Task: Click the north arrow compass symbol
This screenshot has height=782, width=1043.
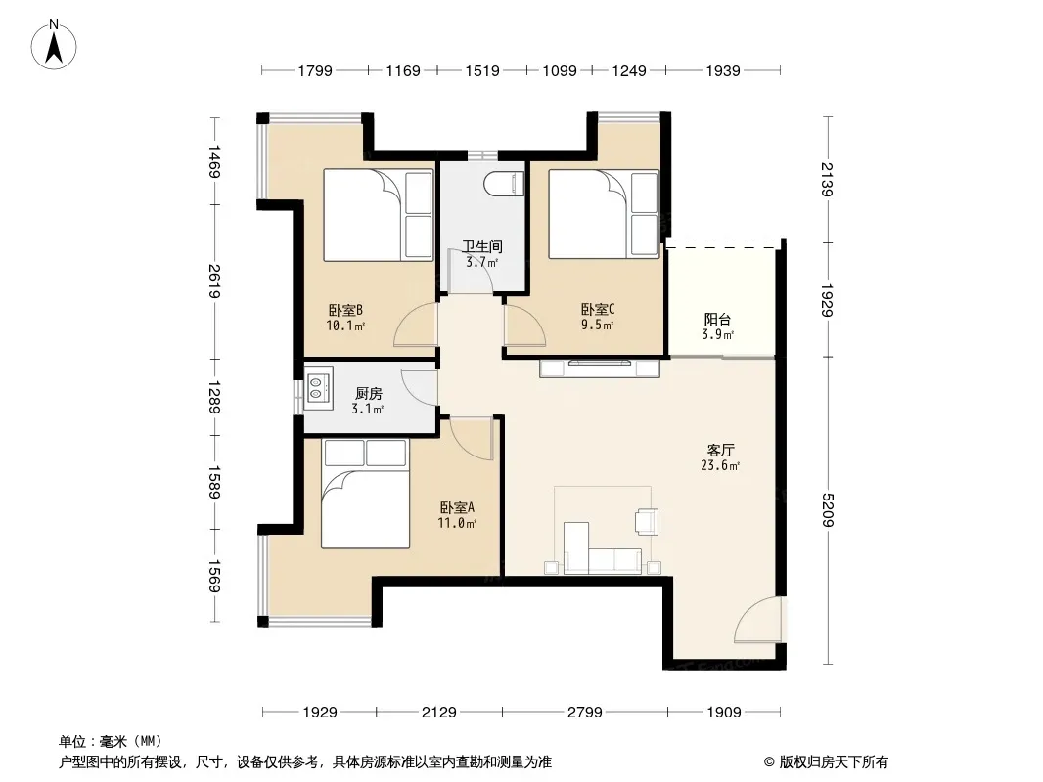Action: click(x=54, y=45)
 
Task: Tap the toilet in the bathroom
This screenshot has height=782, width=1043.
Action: click(x=504, y=184)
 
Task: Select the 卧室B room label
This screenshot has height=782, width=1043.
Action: click(x=345, y=310)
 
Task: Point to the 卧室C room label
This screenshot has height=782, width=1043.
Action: click(x=598, y=309)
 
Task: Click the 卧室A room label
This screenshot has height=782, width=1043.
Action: click(x=456, y=507)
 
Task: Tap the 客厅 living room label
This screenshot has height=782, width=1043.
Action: click(x=720, y=450)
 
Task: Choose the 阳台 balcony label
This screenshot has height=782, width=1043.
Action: click(x=717, y=320)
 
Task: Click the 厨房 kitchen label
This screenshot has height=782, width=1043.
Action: click(x=368, y=394)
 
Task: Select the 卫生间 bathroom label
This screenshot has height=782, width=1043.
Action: click(x=482, y=246)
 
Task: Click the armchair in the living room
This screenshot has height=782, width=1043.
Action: click(x=646, y=521)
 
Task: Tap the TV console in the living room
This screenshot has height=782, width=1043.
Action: click(x=600, y=368)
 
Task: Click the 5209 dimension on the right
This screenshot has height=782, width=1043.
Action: click(x=828, y=509)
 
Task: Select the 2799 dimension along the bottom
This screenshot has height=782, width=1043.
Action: click(x=585, y=713)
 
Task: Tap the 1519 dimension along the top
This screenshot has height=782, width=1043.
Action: click(x=482, y=70)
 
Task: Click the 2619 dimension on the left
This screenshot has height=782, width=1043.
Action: click(x=214, y=282)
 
